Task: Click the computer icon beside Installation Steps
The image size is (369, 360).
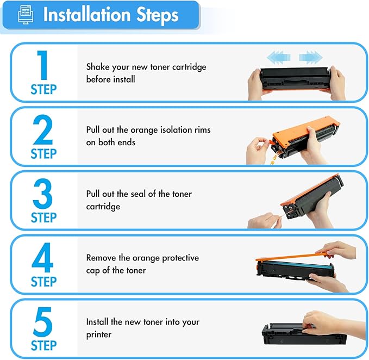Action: click(x=26, y=15)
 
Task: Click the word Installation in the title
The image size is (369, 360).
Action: click(x=86, y=15)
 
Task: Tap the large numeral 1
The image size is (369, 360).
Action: click(x=42, y=65)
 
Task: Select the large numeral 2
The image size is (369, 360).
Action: click(x=43, y=129)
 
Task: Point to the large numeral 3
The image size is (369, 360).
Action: click(x=42, y=193)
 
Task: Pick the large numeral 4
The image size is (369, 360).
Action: click(x=42, y=257)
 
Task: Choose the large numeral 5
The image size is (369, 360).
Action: click(x=42, y=322)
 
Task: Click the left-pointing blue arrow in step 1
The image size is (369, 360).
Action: click(x=279, y=57)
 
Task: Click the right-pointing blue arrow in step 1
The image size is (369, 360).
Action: click(x=311, y=57)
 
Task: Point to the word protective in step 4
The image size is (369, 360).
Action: click(x=180, y=258)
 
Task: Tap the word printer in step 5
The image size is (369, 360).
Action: click(x=98, y=335)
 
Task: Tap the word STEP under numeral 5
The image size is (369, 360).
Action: click(x=44, y=346)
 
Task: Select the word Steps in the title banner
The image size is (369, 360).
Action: click(x=158, y=15)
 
